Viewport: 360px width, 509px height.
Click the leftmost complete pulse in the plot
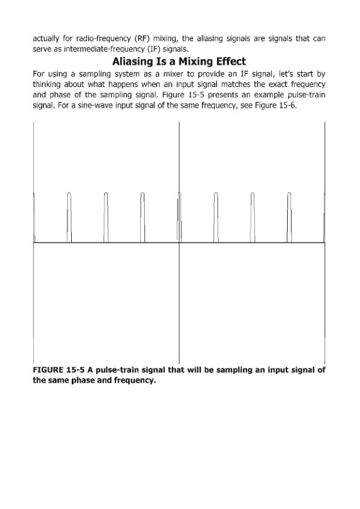70,218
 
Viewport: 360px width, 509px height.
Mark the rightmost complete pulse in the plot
289,218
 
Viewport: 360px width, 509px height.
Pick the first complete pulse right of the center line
216,218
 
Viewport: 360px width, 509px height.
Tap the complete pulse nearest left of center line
142,218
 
